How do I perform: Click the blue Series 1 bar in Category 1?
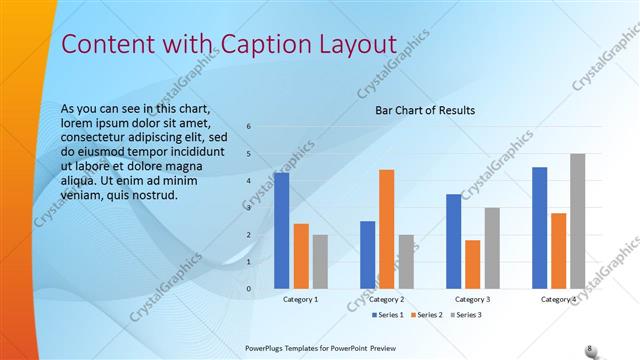pos(281,231)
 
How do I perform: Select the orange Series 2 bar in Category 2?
pos(386,229)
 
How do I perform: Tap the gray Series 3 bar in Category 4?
pos(578,221)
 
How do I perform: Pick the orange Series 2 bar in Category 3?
pos(472,264)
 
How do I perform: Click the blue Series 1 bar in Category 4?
pos(540,228)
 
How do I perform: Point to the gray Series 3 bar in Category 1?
pos(320,262)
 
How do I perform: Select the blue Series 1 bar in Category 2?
pos(367,255)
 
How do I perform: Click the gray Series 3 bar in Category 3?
pos(492,248)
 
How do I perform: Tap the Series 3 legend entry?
pos(466,315)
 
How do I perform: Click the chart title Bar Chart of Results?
pos(425,110)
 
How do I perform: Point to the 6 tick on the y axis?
pos(249,127)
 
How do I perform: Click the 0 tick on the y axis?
pos(249,289)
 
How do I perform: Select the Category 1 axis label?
pos(301,299)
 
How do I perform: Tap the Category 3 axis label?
pos(472,299)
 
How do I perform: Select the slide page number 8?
pos(589,348)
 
